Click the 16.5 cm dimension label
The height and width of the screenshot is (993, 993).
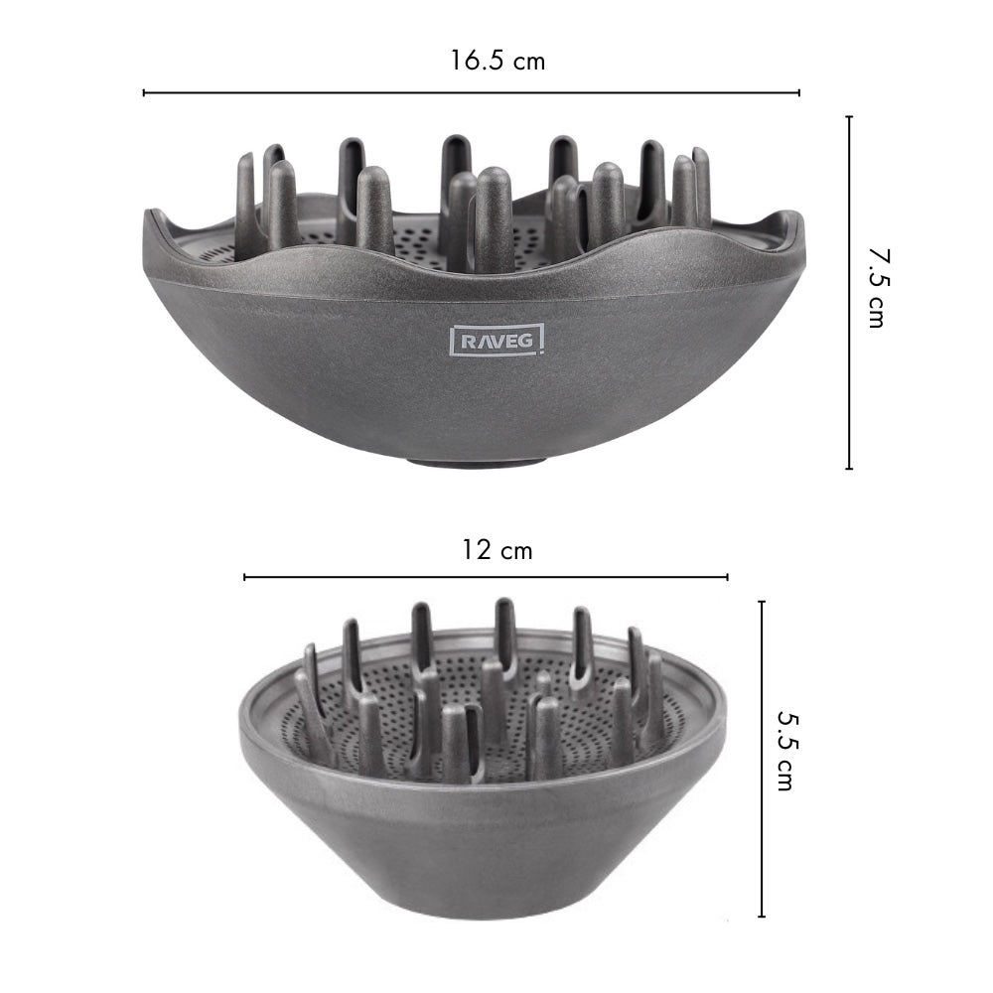tap(496, 61)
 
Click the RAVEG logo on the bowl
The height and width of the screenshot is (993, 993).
tap(497, 341)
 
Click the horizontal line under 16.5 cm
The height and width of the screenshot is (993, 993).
tap(472, 92)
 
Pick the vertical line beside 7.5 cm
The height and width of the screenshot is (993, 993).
tap(849, 293)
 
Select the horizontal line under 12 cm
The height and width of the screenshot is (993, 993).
tap(486, 577)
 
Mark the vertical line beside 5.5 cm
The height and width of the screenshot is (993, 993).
tap(762, 760)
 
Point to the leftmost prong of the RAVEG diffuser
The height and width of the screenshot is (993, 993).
tap(246, 199)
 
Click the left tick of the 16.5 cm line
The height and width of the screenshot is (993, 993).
tap(145, 92)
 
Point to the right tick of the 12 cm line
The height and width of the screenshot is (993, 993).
tap(727, 577)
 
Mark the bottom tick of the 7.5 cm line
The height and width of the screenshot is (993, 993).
tap(849, 468)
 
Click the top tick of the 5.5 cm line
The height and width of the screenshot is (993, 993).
tap(762, 602)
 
